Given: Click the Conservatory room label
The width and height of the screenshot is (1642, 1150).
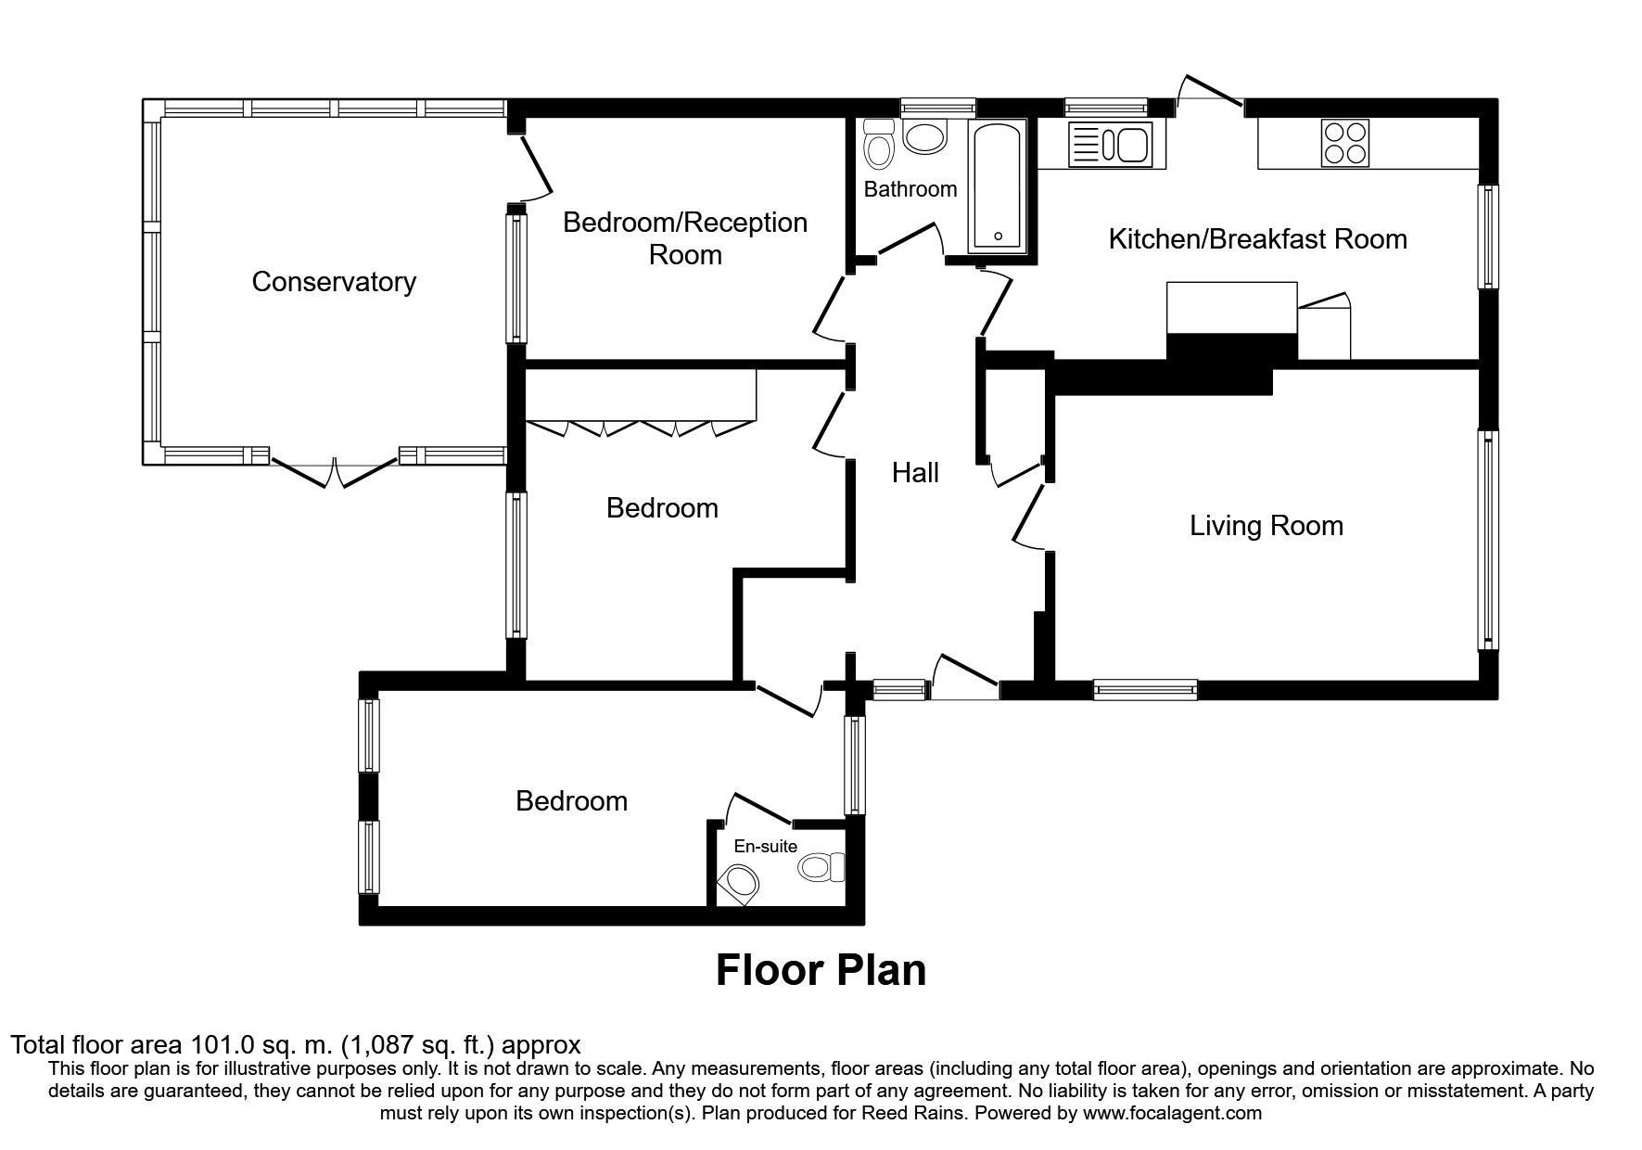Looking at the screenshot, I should [x=334, y=282].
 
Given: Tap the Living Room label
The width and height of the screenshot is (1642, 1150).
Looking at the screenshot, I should [x=1267, y=526].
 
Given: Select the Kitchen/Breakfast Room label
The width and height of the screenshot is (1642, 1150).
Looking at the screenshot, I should [x=1257, y=239].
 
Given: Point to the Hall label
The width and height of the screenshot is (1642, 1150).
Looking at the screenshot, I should [x=915, y=473].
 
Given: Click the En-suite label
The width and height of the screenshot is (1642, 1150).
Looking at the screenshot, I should [x=765, y=846].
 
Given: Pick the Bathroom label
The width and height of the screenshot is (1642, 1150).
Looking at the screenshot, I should [x=910, y=189].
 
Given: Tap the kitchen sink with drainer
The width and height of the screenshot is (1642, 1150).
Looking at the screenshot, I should [x=1110, y=145].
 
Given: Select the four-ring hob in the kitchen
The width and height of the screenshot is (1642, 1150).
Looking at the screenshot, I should [x=1344, y=144].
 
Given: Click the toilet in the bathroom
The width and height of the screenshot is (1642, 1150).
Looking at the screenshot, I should [x=877, y=144].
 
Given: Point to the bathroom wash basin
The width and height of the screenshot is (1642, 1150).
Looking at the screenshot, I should [x=924, y=138].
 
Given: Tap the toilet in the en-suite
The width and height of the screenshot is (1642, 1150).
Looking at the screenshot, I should [x=821, y=868].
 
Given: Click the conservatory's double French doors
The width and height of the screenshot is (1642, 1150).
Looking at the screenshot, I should [x=335, y=469].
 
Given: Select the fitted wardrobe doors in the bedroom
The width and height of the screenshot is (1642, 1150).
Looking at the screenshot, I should [x=640, y=428].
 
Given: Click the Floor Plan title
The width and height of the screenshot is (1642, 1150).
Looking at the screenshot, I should [x=821, y=970].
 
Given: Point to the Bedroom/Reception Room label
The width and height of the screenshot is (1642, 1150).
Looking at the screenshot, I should [x=685, y=238].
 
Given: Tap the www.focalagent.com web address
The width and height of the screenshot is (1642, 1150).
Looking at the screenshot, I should [x=1172, y=1113].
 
